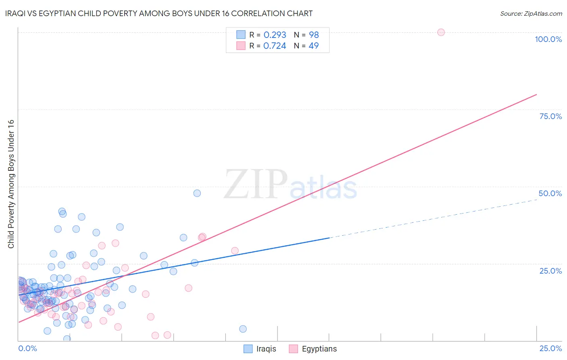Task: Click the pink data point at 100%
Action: [441, 32]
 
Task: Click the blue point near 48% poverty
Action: [197, 193]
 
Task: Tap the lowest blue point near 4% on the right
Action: [243, 329]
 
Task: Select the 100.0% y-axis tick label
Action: [548, 39]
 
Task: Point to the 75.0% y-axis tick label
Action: [550, 116]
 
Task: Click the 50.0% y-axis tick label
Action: [550, 193]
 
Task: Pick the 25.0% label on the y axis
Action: [550, 270]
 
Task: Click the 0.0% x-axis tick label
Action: [27, 348]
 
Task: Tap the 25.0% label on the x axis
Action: [550, 348]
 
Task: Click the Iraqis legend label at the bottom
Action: [266, 349]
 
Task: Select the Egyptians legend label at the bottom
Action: [319, 349]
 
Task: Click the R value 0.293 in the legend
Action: [275, 35]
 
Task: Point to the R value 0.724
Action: [275, 46]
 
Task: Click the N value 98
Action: [314, 35]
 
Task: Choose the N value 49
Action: [313, 46]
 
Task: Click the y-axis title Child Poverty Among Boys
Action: [11, 184]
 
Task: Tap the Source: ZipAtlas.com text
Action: [531, 14]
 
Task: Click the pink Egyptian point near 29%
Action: [235, 251]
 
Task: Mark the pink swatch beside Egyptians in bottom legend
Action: [293, 349]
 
